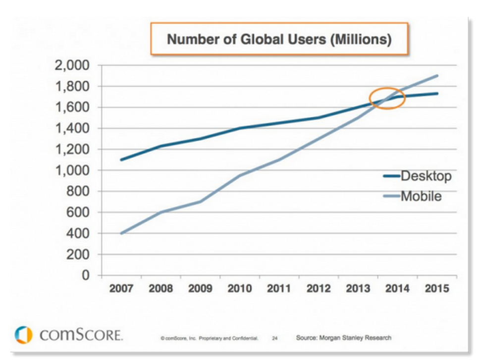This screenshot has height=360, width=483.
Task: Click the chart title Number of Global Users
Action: [279, 40]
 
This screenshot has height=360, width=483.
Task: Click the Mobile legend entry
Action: [421, 196]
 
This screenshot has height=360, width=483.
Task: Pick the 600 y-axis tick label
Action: [80, 212]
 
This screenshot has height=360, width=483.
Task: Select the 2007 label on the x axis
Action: [121, 288]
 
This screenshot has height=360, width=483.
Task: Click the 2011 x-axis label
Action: [279, 288]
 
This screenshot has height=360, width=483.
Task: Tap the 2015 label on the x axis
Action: [436, 288]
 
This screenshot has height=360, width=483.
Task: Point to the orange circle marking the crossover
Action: [387, 98]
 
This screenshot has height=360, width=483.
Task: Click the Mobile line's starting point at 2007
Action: [121, 233]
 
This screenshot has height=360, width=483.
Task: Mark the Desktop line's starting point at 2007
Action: [121, 159]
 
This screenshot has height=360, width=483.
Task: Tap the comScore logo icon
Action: [23, 335]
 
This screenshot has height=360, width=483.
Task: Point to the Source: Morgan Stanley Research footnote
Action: [343, 338]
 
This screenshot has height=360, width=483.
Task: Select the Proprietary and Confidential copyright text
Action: [209, 339]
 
